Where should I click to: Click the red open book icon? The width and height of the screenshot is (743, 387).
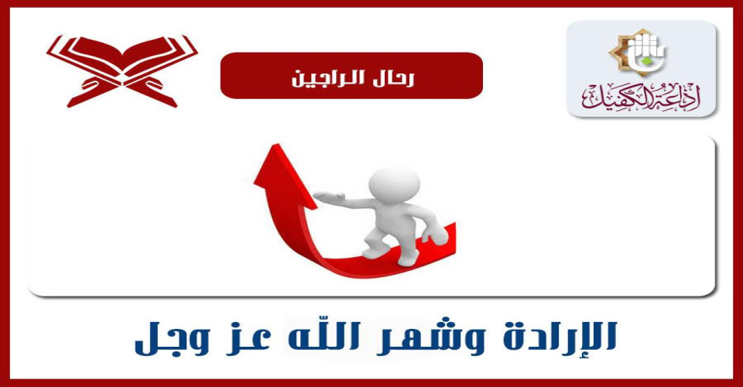(x=122, y=70)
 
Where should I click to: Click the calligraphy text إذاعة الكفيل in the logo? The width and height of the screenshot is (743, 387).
(x=642, y=97)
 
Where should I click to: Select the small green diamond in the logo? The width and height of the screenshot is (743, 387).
(x=644, y=60)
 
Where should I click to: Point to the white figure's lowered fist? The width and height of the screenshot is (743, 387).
(x=435, y=235)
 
